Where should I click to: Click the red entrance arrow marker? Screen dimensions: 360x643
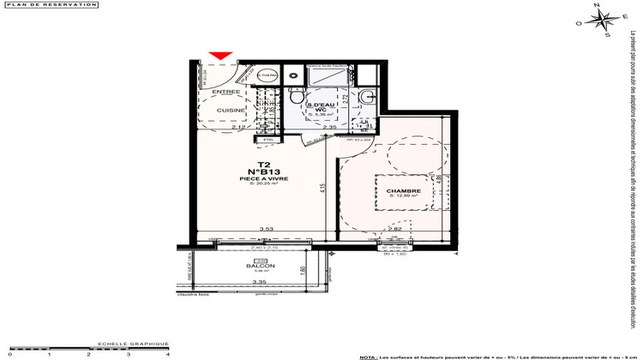pos(220,57)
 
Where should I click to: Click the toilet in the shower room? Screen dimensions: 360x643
pos(295,93)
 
